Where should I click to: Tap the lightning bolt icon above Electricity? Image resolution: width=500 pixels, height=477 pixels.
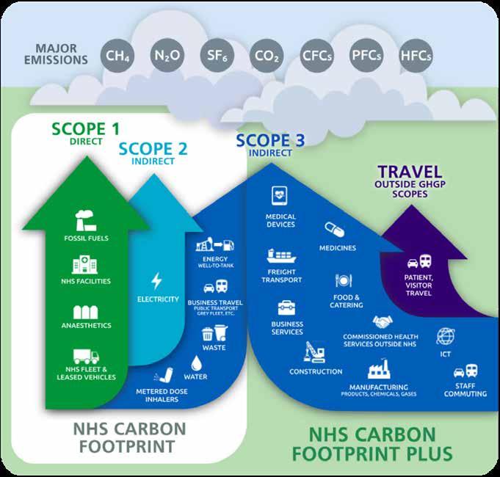pyautogui.click(x=157, y=280)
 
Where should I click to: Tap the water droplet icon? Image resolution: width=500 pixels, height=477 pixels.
pyautogui.click(x=197, y=363)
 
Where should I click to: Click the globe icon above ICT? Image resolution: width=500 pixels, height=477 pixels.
pyautogui.click(x=445, y=335)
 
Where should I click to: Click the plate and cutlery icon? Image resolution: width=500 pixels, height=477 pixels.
pyautogui.click(x=345, y=281)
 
